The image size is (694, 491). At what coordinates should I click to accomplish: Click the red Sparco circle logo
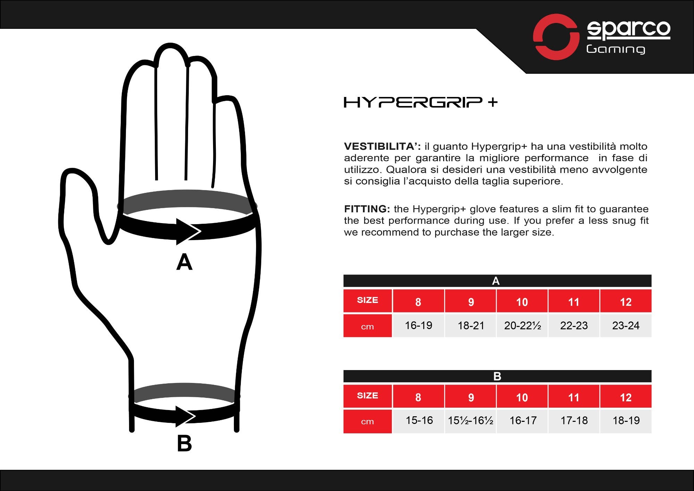[x=556, y=37]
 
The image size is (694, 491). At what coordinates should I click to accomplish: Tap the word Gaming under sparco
[x=616, y=49]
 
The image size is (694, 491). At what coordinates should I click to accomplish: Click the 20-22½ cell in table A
[x=522, y=326]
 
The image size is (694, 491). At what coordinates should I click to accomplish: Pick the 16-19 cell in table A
[x=418, y=326]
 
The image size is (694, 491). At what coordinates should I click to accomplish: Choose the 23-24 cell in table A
[x=626, y=326]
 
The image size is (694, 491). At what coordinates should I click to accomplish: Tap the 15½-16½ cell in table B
[x=471, y=421]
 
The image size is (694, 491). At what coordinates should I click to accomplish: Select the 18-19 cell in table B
[x=626, y=421]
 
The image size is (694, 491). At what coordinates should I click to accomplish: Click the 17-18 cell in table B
[x=574, y=421]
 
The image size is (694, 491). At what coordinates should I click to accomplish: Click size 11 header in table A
[x=574, y=302]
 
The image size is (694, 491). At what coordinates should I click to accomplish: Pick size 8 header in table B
[x=418, y=397]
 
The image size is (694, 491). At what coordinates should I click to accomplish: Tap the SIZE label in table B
[x=367, y=395]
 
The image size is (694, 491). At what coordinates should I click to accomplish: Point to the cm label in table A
[x=367, y=327]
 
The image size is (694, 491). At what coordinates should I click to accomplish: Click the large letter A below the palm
[x=184, y=262]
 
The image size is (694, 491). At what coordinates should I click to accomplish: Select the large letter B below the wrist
[x=184, y=443]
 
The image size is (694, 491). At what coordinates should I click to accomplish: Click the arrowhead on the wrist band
[x=185, y=416]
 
